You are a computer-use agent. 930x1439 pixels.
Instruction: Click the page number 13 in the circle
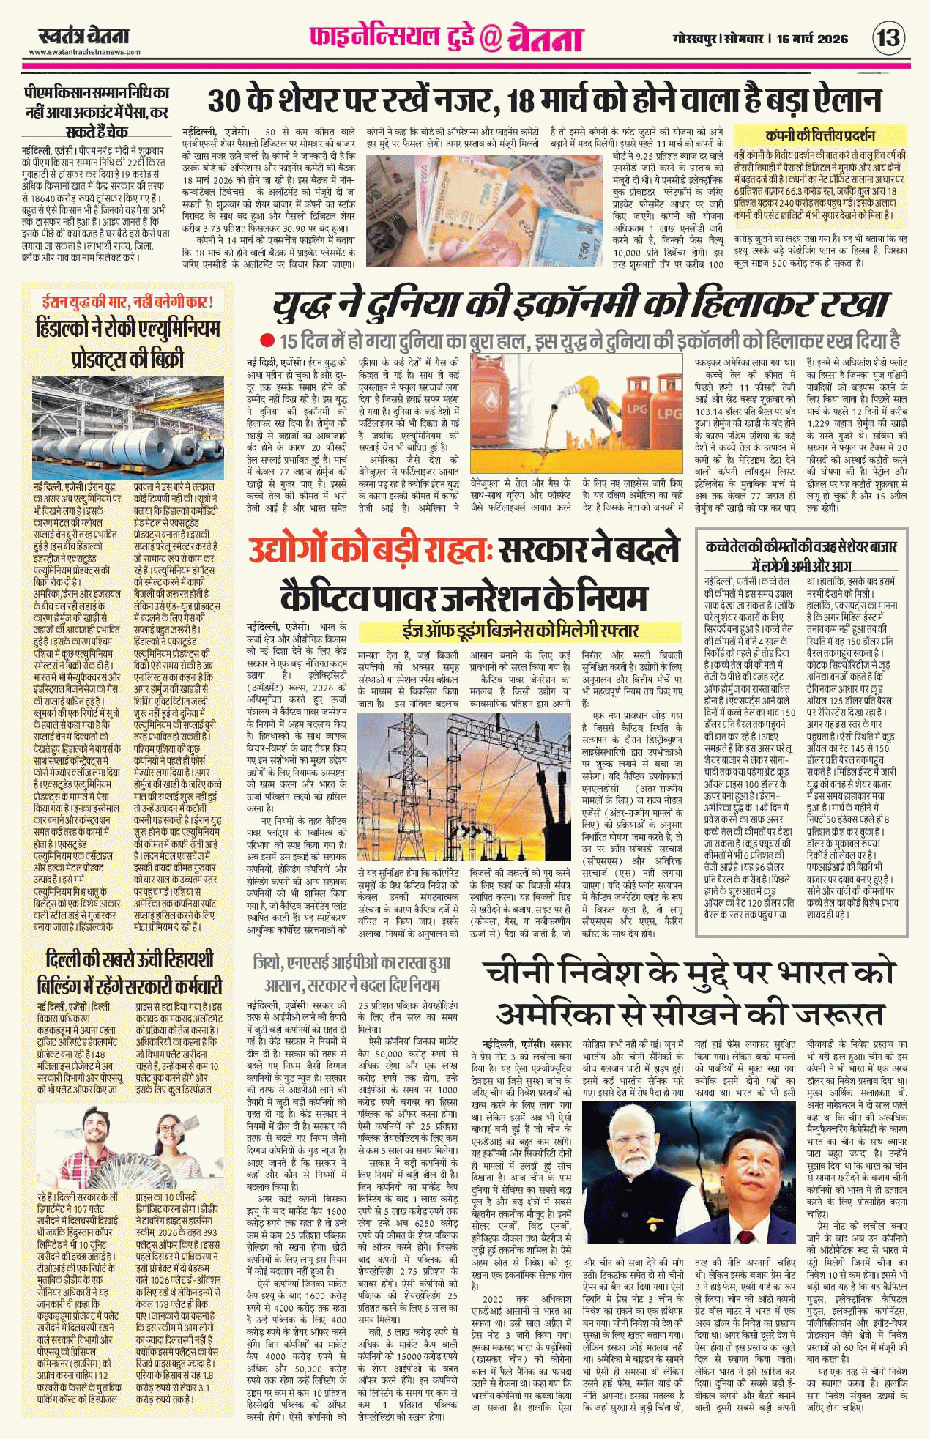[888, 37]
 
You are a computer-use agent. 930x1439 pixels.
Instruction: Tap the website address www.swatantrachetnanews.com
[84, 52]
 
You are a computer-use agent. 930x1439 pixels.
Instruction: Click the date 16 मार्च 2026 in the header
[812, 39]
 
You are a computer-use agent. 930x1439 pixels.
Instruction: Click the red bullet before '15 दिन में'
[267, 341]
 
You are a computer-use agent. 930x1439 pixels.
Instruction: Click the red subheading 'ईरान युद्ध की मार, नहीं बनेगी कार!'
[127, 301]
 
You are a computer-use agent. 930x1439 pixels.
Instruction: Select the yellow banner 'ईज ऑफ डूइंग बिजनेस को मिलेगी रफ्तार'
[520, 631]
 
